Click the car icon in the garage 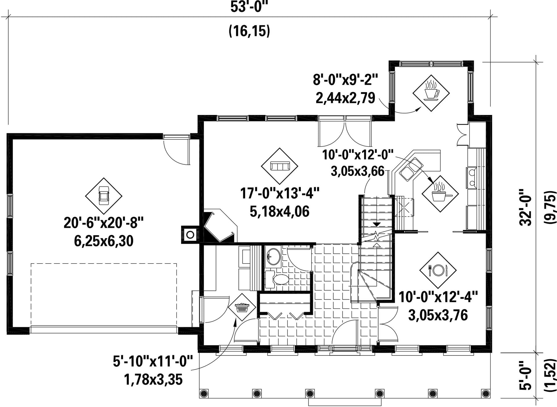pyautogui.click(x=104, y=196)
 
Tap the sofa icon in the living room pyautogui.click(x=279, y=166)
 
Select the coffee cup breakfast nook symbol pyautogui.click(x=431, y=93)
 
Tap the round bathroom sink pyautogui.click(x=273, y=257)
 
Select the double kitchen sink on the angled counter pyautogui.click(x=411, y=168)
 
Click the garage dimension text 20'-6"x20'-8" pyautogui.click(x=104, y=223)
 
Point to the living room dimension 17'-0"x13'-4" pyautogui.click(x=280, y=193)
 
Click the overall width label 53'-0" pyautogui.click(x=249, y=8)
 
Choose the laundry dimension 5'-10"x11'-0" pyautogui.click(x=153, y=361)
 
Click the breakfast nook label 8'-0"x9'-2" pyautogui.click(x=345, y=80)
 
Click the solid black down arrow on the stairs pyautogui.click(x=377, y=224)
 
